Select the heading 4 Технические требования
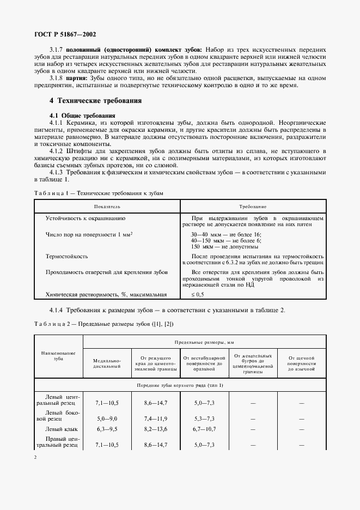95,101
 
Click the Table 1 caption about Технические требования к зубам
98,193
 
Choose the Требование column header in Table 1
253,207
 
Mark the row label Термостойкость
67,256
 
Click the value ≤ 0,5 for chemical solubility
197,295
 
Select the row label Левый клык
59,429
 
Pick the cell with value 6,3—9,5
107,429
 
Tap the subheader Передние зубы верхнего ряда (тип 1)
180,386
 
